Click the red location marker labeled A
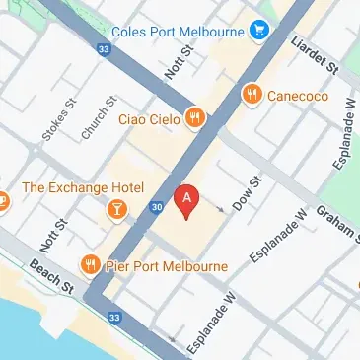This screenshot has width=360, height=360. (184, 199)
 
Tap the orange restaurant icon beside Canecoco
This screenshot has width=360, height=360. (252, 94)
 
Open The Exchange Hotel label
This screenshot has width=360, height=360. (83, 187)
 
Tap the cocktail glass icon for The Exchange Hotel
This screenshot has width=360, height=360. (118, 210)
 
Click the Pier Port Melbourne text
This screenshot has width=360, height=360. (168, 266)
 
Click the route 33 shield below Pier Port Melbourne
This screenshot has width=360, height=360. (114, 316)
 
